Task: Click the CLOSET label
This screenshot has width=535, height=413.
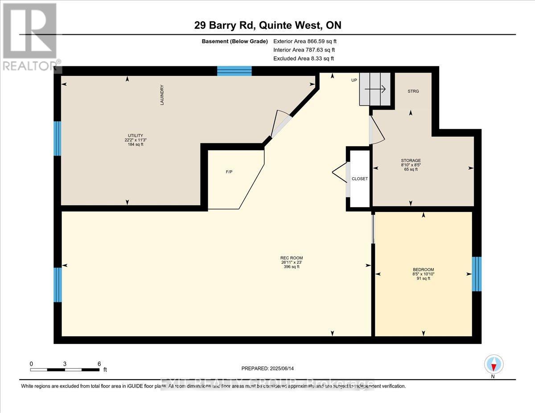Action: tap(360, 179)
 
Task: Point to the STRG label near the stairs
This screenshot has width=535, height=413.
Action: tap(413, 91)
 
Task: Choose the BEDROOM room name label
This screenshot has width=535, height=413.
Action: tap(423, 270)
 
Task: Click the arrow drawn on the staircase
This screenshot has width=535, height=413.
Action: tap(375, 90)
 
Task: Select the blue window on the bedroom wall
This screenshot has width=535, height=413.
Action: tap(477, 274)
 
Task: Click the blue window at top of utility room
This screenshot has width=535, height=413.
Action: tap(235, 71)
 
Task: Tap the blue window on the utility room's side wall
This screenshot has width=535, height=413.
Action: tap(58, 139)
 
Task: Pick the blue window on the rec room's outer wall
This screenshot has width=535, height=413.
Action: tap(58, 285)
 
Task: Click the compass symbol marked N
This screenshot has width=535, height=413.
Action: tap(494, 364)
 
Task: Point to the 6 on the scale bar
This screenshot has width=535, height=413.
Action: tap(99, 364)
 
